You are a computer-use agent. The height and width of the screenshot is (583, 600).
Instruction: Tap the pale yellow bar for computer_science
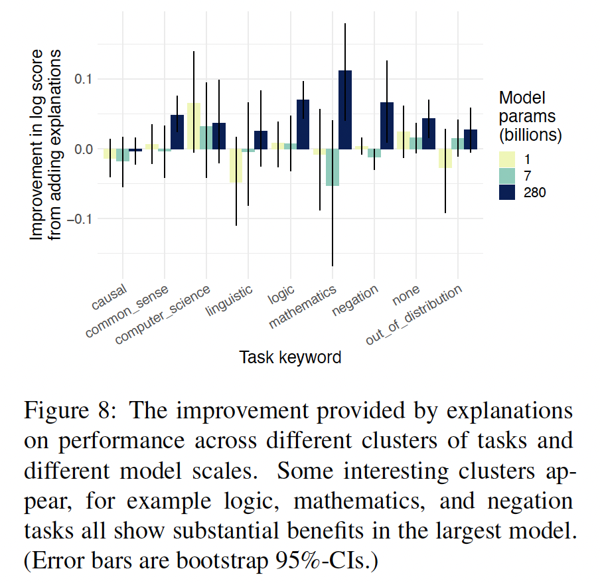193,126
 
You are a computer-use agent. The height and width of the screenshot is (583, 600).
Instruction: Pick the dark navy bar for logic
303,124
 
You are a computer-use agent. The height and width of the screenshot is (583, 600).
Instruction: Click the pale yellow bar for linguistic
236,165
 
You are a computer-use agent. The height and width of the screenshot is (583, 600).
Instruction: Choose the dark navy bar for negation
386,125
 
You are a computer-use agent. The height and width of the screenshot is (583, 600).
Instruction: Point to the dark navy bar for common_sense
177,132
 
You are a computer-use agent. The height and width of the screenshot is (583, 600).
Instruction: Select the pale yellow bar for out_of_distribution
445,158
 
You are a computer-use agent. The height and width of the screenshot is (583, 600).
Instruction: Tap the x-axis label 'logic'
281,296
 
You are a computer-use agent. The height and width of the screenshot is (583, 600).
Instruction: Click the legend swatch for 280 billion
508,192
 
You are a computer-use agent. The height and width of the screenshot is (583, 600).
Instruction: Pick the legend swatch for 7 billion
508,176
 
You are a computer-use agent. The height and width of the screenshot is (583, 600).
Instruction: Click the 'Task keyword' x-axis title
290,357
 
